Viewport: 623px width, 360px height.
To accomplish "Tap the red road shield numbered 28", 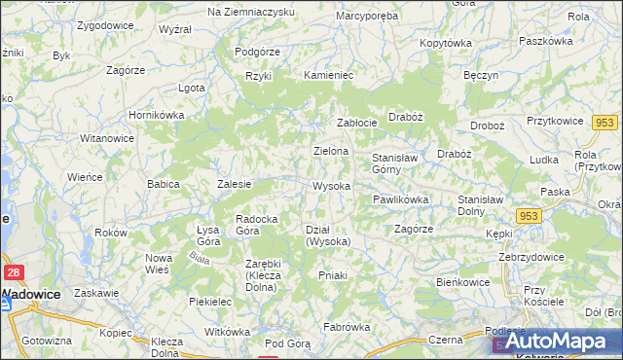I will [14, 274].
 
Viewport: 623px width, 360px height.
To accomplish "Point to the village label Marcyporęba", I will [367, 17].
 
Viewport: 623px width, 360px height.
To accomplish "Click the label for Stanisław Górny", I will [395, 162].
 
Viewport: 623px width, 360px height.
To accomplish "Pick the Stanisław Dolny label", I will [479, 205].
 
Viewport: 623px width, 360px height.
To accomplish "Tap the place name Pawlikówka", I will [400, 199].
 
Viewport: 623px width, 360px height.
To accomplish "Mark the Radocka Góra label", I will [260, 225].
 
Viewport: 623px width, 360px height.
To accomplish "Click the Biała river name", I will [200, 258].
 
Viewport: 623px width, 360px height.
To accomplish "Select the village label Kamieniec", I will [328, 75].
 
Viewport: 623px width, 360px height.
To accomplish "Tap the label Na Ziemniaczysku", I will [251, 11].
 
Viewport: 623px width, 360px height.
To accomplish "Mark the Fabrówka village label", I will [348, 327].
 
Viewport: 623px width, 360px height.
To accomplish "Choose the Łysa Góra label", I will [207, 234].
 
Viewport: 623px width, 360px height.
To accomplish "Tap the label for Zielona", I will [331, 152].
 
